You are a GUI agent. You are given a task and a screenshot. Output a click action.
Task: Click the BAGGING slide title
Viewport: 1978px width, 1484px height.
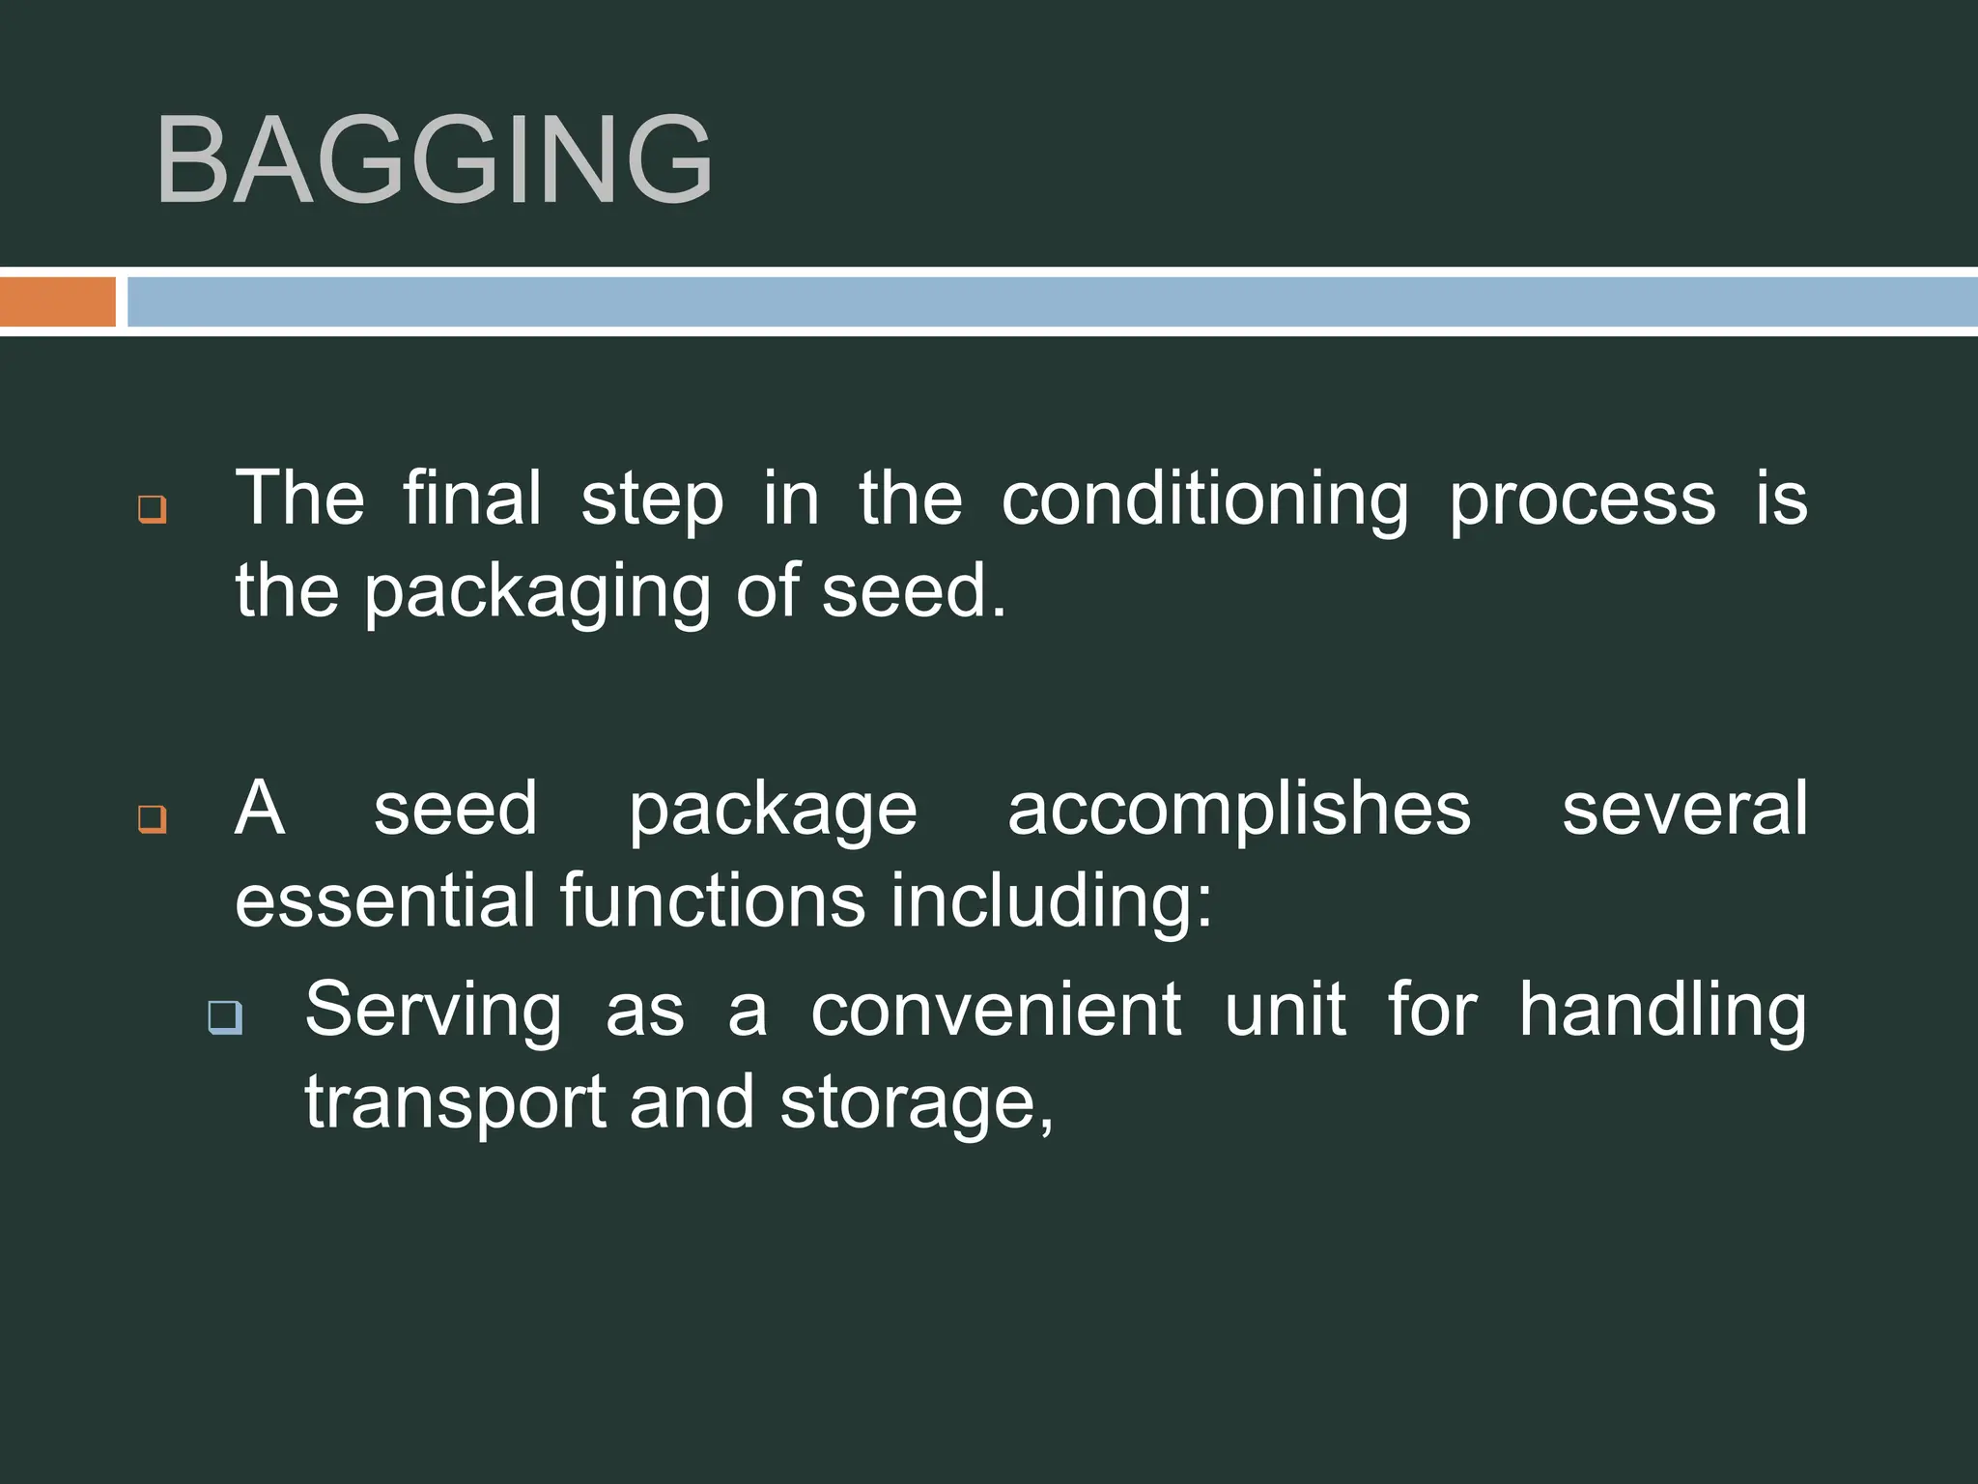pyautogui.click(x=434, y=159)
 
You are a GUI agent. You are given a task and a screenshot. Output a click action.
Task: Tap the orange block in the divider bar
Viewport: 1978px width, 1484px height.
pyautogui.click(x=57, y=301)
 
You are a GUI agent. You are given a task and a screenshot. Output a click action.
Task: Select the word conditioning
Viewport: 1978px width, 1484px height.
pyautogui.click(x=1204, y=500)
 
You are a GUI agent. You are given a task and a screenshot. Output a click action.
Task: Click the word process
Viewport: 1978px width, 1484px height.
pyautogui.click(x=1582, y=500)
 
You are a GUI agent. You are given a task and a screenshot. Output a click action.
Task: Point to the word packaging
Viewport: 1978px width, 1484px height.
pyautogui.click(x=536, y=592)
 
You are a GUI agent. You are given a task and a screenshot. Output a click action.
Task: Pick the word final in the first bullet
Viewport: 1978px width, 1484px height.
pyautogui.click(x=471, y=499)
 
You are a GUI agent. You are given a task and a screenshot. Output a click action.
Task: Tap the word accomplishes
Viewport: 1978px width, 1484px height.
pyautogui.click(x=1238, y=810)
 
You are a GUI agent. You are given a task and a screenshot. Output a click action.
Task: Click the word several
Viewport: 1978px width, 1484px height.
pyautogui.click(x=1684, y=810)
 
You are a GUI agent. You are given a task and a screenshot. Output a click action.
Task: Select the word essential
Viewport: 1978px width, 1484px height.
pyautogui.click(x=384, y=900)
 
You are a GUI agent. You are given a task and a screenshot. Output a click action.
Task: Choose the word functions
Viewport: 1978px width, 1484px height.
pyautogui.click(x=713, y=900)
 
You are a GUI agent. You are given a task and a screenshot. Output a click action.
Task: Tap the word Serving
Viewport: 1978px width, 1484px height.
pyautogui.click(x=433, y=1011)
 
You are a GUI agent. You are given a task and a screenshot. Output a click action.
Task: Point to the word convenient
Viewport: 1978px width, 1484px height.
pyautogui.click(x=995, y=1011)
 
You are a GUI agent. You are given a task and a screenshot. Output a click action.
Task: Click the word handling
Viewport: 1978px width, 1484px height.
pyautogui.click(x=1661, y=1011)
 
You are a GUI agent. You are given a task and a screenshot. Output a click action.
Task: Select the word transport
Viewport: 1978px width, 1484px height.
pyautogui.click(x=455, y=1103)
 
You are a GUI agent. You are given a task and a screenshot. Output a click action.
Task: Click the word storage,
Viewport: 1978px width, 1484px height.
pyautogui.click(x=917, y=1103)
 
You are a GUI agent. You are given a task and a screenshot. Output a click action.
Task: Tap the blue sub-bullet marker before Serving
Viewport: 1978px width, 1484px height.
pyautogui.click(x=225, y=1017)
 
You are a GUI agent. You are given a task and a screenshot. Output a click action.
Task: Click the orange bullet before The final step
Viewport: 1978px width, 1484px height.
pyautogui.click(x=152, y=509)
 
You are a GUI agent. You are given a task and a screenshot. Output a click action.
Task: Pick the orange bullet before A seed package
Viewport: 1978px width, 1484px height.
pyautogui.click(x=152, y=818)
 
